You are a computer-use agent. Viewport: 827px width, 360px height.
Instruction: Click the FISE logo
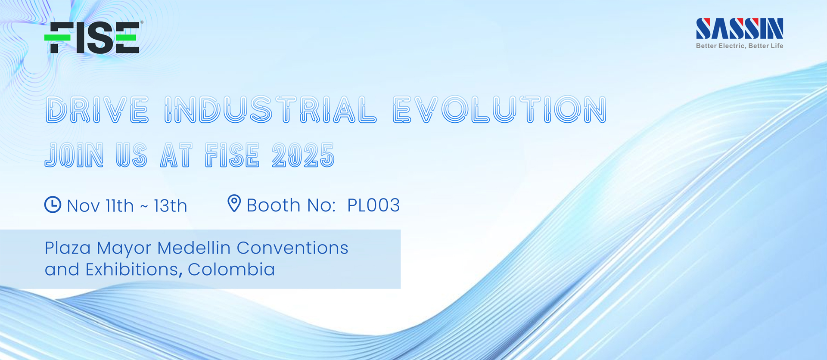click(x=92, y=37)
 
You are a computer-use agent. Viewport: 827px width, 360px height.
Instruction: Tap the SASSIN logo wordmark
click(x=740, y=28)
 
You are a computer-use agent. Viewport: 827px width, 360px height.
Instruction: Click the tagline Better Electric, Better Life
click(x=740, y=46)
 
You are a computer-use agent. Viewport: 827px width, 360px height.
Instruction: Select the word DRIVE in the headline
click(x=97, y=109)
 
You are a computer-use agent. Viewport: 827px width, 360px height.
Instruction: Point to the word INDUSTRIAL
click(x=270, y=109)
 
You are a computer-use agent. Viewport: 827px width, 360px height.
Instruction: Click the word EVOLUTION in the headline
click(x=500, y=109)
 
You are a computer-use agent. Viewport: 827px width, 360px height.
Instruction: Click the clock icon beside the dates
click(x=53, y=205)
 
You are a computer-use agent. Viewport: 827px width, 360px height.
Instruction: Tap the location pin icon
click(x=234, y=203)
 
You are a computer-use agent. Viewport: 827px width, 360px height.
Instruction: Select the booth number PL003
click(x=373, y=205)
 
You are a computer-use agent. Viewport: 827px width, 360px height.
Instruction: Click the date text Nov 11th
click(x=100, y=206)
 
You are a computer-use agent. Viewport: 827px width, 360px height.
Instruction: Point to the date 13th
click(x=171, y=206)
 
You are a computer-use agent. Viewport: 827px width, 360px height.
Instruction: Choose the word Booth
click(x=274, y=205)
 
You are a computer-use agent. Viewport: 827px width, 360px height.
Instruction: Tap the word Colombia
click(x=231, y=270)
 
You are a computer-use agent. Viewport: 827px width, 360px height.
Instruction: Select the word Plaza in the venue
click(x=68, y=248)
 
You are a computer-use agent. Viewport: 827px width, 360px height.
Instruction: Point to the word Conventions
click(x=292, y=248)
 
